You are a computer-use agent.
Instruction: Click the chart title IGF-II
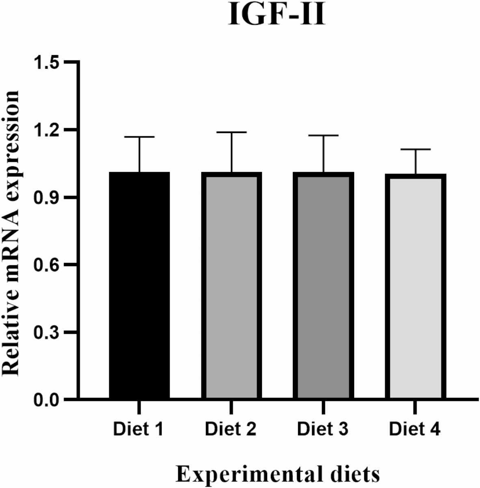(277, 15)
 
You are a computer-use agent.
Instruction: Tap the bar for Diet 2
(231, 286)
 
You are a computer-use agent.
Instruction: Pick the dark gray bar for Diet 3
(324, 286)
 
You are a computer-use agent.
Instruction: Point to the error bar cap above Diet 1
(139, 137)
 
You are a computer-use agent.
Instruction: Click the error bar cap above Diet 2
(231, 132)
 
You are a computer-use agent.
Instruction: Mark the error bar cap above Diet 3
(324, 135)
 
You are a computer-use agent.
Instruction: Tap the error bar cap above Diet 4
(416, 149)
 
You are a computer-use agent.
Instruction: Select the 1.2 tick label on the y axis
(46, 130)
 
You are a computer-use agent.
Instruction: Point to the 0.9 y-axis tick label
(46, 198)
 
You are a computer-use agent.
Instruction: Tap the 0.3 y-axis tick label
(46, 332)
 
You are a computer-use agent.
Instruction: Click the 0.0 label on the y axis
(46, 400)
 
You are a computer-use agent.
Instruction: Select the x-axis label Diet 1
(138, 429)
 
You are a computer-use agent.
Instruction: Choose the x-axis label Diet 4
(415, 429)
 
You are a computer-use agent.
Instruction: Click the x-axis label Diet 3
(322, 429)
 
